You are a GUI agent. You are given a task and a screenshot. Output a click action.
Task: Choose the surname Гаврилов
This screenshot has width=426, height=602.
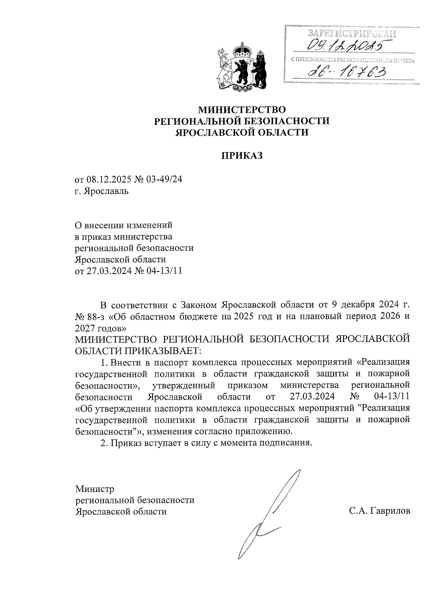[390, 511]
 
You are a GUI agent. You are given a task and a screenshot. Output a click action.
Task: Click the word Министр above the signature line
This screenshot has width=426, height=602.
[95, 489]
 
